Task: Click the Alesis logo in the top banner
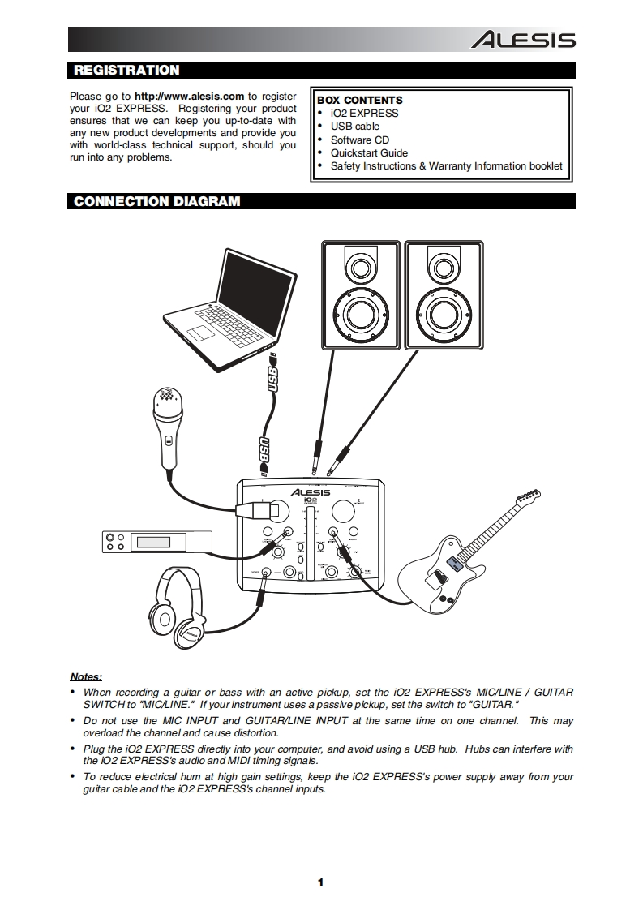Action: (524, 40)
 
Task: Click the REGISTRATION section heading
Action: (126, 71)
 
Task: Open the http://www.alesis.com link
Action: (189, 96)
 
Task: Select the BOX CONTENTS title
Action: (359, 101)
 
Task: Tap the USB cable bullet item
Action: (354, 127)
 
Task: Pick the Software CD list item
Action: (359, 140)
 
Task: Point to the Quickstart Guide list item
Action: (368, 152)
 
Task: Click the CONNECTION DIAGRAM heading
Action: (156, 201)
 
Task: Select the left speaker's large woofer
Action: (360, 313)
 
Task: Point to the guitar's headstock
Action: (527, 496)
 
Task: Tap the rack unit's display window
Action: (157, 541)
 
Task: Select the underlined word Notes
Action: (86, 676)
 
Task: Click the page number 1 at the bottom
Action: (321, 883)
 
